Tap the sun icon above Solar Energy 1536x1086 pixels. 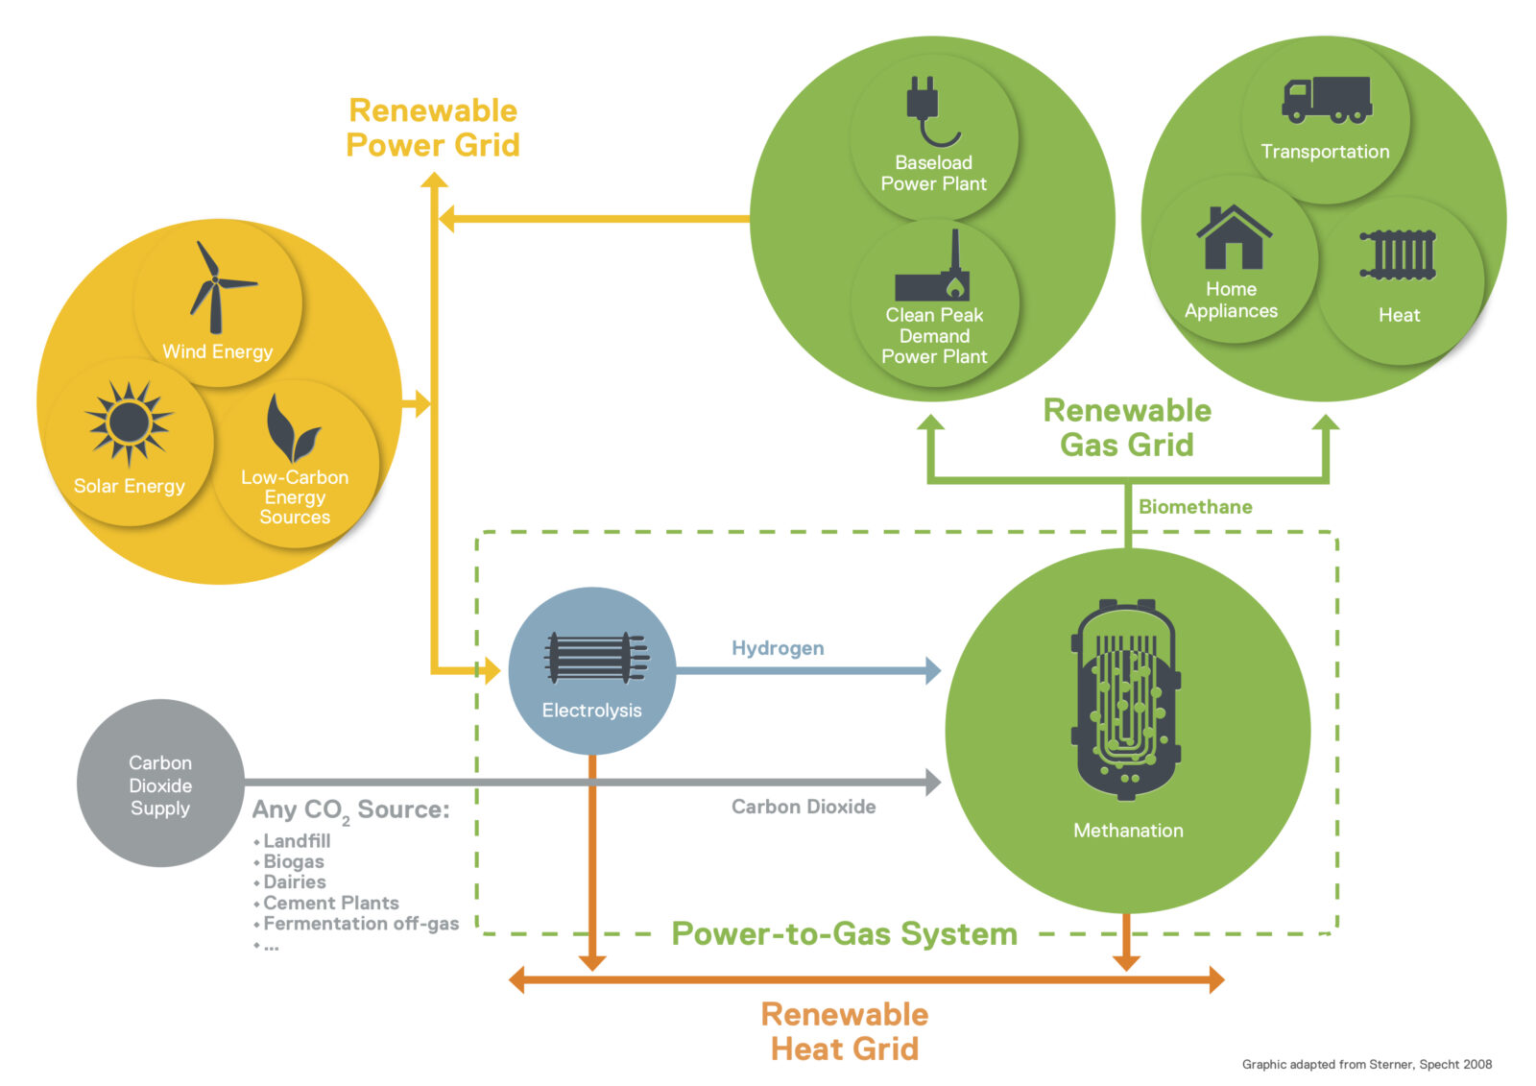[129, 422]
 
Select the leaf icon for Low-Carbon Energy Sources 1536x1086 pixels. [292, 429]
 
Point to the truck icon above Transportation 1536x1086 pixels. [1327, 100]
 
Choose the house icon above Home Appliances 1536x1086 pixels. [1234, 237]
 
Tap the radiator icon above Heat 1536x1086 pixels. [1398, 255]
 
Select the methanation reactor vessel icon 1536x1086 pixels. [1127, 700]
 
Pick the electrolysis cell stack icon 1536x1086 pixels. [595, 658]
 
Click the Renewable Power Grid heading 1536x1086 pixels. [433, 128]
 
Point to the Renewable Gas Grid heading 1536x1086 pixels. [1127, 427]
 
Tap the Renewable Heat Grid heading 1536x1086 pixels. [845, 1031]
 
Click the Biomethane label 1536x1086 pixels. [1195, 507]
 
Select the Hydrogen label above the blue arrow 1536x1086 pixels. [778, 648]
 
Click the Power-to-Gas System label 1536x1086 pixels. [844, 933]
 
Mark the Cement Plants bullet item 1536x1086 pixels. [330, 903]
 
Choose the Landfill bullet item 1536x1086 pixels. [297, 841]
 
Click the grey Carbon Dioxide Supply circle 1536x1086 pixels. [160, 784]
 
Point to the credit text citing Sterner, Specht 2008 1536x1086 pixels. [1366, 1064]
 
